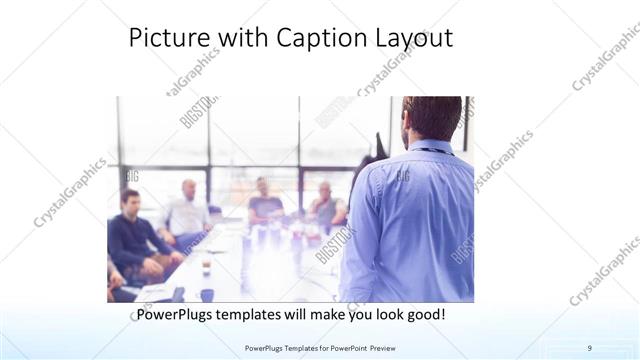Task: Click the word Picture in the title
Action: click(164, 38)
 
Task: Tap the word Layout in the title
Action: click(411, 38)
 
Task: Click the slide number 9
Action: click(590, 347)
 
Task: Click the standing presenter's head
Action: click(432, 118)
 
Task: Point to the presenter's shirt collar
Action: click(430, 147)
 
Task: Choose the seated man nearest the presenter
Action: click(325, 205)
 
